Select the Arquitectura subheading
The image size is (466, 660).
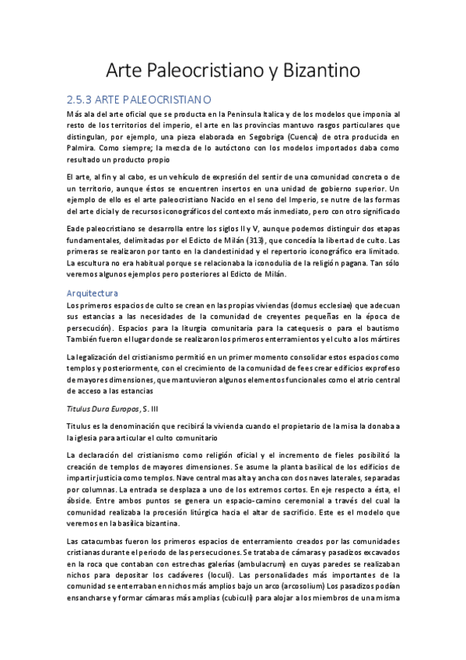pos(93,293)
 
